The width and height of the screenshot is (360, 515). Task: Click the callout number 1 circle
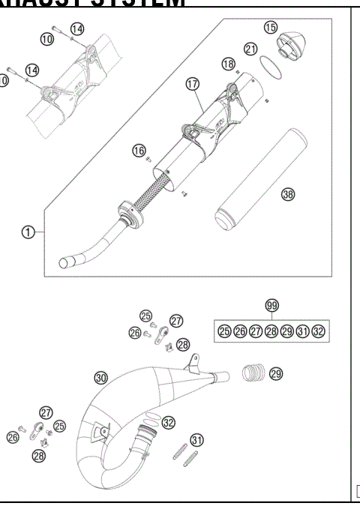pos(27,232)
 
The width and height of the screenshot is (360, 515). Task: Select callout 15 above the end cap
pos(271,27)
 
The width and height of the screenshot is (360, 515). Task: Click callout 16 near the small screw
pos(139,151)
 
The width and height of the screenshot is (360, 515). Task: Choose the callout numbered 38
pos(287,195)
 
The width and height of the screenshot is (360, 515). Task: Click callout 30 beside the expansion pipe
pos(102,376)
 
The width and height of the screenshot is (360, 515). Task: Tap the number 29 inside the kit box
pos(287,331)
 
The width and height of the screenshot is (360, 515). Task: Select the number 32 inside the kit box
pos(319,331)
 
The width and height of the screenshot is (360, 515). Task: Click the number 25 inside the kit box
pos(224,331)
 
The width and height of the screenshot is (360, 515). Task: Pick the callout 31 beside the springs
pos(196,439)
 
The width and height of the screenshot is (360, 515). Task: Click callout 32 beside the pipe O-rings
pos(169,423)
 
